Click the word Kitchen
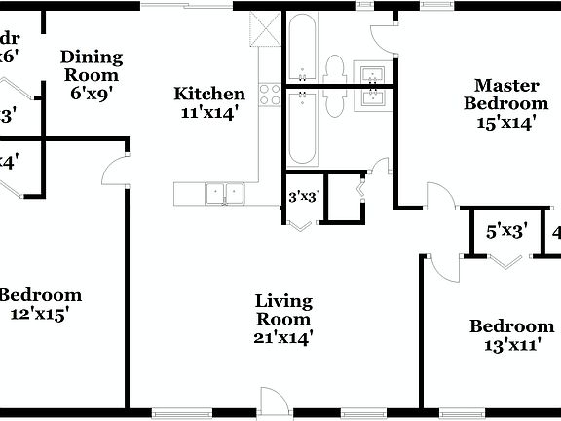point(208,95)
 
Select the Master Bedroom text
point(505,94)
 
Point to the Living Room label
point(283,310)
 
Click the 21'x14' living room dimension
point(283,338)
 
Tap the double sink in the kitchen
point(225,194)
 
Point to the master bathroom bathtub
point(302,48)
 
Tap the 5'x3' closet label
point(506,232)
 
